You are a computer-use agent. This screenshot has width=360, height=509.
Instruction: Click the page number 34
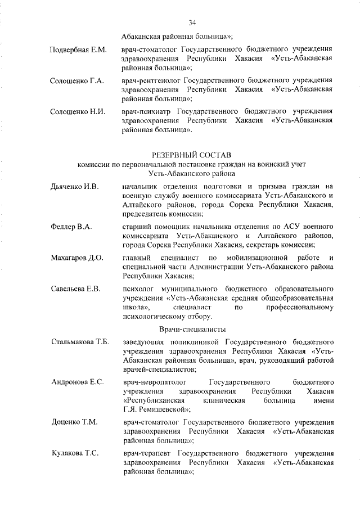coord(192,23)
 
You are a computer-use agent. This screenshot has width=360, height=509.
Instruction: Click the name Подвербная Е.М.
coord(78,50)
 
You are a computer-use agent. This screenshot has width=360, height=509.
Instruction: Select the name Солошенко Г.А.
coord(77,81)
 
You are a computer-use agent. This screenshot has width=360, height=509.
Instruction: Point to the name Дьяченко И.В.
coord(75,187)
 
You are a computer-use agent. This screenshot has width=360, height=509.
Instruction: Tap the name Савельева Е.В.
coord(75,289)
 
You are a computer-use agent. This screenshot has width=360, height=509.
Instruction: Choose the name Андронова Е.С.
coord(77,382)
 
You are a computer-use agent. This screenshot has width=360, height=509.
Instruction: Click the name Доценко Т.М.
coord(74,422)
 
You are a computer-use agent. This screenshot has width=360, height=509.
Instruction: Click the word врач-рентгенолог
coord(152,81)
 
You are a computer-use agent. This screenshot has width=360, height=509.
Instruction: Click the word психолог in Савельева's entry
coord(138,289)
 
